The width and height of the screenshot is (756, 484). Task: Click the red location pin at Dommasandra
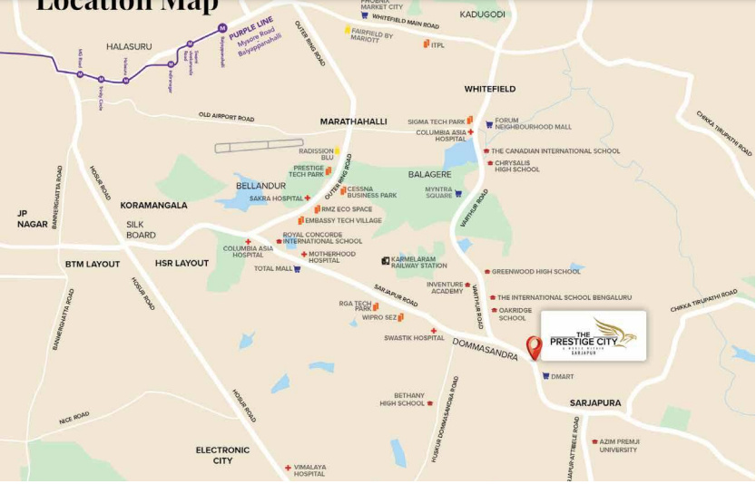pos(534,346)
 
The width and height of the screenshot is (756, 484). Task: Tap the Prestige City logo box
pos(594,335)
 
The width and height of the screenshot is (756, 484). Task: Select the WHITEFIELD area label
pos(489,89)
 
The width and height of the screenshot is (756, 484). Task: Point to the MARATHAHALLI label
pos(353,121)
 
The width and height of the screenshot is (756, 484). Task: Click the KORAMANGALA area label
pos(153,205)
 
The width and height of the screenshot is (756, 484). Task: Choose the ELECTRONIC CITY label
pos(222,455)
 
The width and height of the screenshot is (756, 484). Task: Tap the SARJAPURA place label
pos(595,402)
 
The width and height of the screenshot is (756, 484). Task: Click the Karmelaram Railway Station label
pos(418,262)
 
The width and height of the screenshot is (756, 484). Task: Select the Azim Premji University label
pos(618,446)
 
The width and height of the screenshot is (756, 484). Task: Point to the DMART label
pos(562,376)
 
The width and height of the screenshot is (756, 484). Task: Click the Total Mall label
pos(272,268)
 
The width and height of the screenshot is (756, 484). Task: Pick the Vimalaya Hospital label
pos(309,470)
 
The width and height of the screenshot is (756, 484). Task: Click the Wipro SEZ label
pos(379,317)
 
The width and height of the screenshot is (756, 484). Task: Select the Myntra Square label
pos(439,193)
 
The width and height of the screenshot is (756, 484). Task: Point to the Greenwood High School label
pos(535,271)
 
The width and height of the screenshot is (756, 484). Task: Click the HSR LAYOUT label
pos(182,263)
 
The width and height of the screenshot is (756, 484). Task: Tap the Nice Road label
pos(74,418)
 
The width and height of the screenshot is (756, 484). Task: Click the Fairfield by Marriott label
pos(372,36)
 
